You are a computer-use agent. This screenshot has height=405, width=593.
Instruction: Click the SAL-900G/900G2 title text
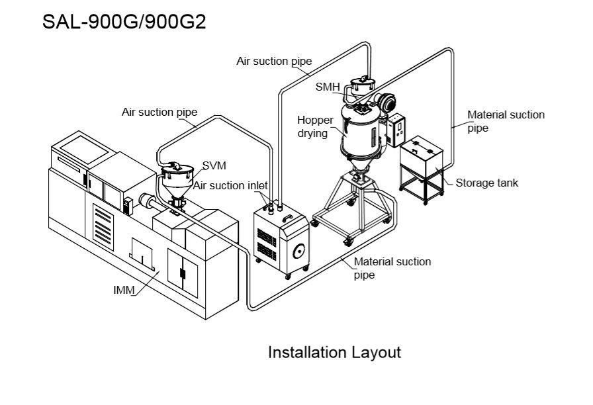124,22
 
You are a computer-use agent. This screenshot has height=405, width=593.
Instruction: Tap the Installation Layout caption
334,353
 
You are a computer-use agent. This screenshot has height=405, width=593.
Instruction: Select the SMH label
328,87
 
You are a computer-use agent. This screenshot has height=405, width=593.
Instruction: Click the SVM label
214,165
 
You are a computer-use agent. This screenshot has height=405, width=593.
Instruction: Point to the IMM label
124,290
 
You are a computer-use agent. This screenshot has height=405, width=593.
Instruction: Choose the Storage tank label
486,183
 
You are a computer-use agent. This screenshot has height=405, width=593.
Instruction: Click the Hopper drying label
315,126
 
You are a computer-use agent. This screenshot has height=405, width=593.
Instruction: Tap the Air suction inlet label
230,186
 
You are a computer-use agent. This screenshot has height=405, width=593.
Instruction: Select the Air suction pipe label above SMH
274,62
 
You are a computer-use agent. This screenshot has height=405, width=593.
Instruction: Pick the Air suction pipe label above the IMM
160,112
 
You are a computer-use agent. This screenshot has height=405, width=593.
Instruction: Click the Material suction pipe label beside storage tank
506,121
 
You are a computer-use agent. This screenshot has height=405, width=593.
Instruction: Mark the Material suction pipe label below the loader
392,268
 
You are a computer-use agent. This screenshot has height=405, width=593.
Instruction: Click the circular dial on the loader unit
298,251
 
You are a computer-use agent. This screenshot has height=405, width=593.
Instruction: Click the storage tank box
422,156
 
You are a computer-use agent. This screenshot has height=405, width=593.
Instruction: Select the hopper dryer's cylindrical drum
361,130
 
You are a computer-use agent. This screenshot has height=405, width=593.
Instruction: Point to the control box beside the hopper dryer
396,130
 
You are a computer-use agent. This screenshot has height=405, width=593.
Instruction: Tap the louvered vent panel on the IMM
103,227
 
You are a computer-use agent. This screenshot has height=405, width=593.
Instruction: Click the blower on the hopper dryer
387,102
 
